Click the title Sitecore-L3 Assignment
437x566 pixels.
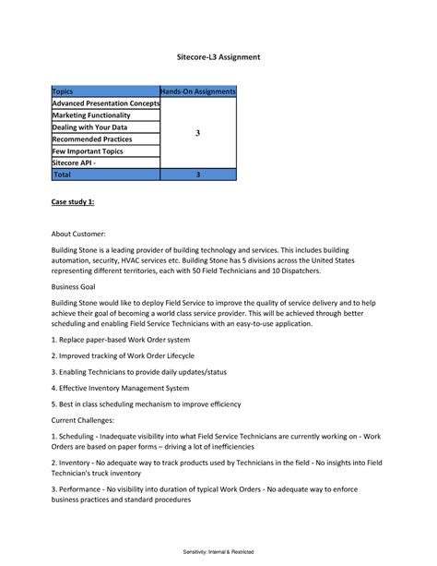[218, 57]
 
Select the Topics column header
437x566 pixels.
[64, 92]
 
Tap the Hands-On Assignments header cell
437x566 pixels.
[198, 92]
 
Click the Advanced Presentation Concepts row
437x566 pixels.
[105, 103]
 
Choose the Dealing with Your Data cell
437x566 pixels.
[90, 127]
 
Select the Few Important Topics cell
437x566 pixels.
[88, 151]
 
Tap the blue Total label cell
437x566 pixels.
[63, 174]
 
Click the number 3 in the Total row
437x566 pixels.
[198, 174]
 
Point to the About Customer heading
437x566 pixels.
[79, 235]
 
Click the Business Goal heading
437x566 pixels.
[77, 287]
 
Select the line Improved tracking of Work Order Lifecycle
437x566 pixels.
[123, 355]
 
